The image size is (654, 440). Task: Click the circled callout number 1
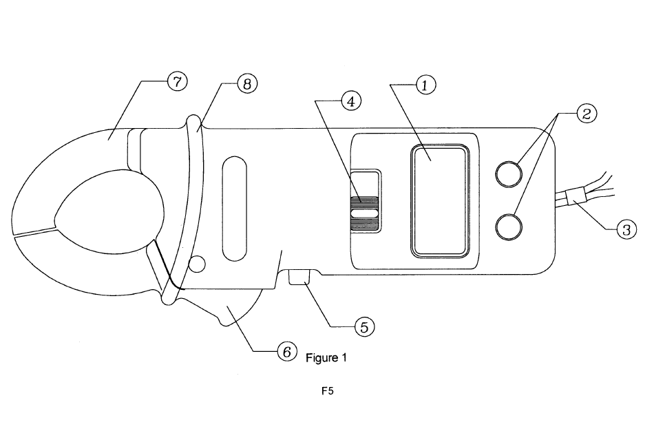pos(425,85)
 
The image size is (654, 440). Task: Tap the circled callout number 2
pos(587,114)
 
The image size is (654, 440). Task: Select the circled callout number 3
pos(626,229)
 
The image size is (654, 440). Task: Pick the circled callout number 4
pos(351,101)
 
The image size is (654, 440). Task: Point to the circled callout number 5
pos(364,327)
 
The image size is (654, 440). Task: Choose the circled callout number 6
pos(287,351)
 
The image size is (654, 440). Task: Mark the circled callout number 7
pos(177,81)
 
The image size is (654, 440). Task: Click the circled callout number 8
pos(247,84)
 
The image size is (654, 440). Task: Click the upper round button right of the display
pos(509,174)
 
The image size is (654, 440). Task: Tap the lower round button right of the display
pos(509,227)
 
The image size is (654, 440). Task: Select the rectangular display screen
pos(440,200)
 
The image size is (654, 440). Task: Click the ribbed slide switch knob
pos(365,213)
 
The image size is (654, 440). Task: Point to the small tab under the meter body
pos(299,277)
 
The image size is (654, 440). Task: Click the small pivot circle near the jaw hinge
pos(198,264)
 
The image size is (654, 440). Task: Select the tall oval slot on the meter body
pos(235,209)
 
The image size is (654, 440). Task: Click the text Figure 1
pos(326,358)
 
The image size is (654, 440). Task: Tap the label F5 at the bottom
pos(328,391)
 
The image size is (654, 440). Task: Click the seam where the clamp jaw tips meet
pos(35,232)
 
